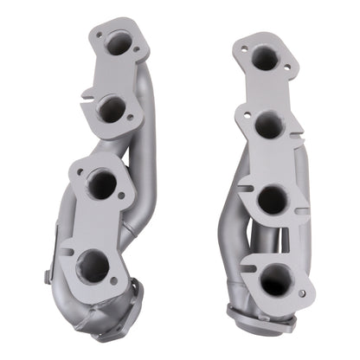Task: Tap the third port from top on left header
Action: pyautogui.click(x=102, y=184)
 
